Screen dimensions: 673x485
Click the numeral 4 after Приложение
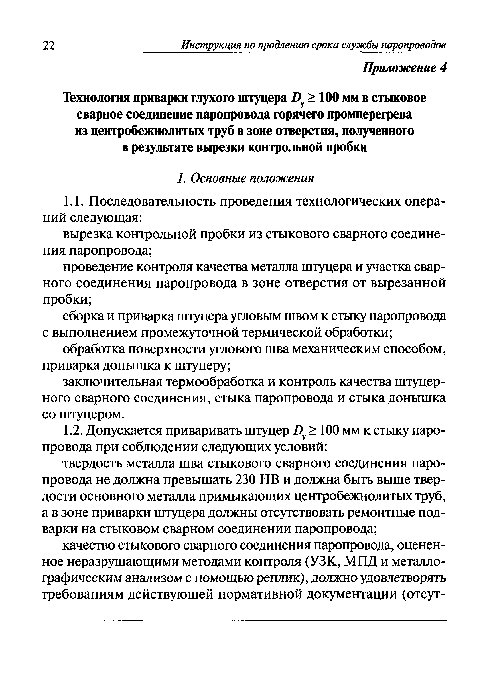click(443, 68)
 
